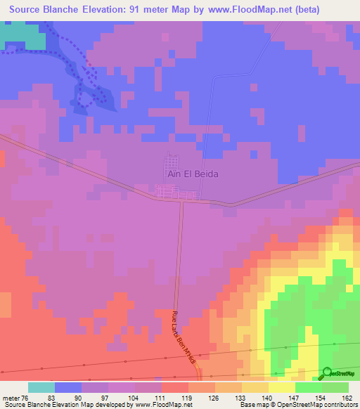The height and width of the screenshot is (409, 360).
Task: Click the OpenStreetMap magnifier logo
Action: [328, 373]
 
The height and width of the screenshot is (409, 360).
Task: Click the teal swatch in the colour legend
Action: [41, 387]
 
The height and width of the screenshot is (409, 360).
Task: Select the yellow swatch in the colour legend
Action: [281, 387]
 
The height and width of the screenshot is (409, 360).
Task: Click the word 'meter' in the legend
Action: [11, 397]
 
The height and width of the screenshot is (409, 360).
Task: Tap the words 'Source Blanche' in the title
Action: [44, 10]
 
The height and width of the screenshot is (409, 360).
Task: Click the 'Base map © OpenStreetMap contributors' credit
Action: [297, 405]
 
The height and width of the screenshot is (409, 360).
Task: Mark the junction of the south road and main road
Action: [181, 201]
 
